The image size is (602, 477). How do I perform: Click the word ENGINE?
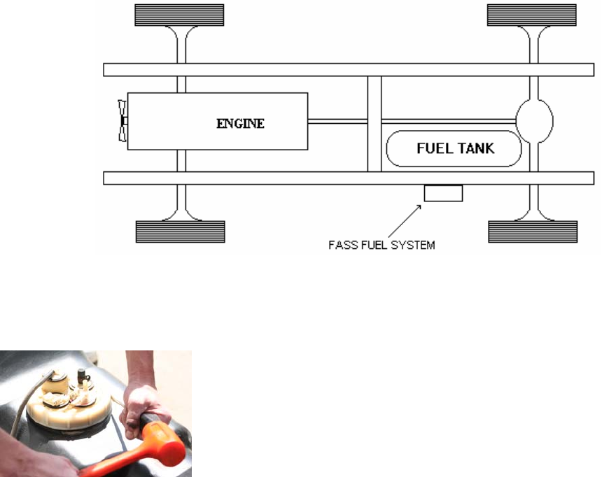[x=240, y=124]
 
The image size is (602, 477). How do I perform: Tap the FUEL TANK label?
[x=455, y=148]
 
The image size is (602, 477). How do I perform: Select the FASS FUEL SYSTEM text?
[x=381, y=245]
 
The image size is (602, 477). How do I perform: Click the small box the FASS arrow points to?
[x=443, y=193]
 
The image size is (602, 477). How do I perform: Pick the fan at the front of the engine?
[x=122, y=122]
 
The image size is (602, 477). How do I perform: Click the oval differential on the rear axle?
[x=534, y=122]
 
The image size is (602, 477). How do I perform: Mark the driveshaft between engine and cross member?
[x=337, y=121]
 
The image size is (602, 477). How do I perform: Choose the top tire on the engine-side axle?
[x=180, y=15]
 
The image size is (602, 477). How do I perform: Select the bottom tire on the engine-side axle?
[x=180, y=232]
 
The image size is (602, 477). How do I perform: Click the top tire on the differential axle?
[x=532, y=15]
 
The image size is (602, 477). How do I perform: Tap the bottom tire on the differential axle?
[x=532, y=232]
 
